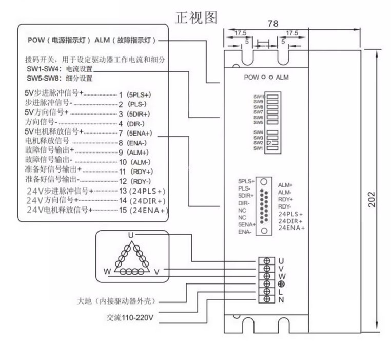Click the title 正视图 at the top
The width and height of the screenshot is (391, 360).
(x=196, y=17)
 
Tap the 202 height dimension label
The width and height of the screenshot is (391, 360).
(x=372, y=199)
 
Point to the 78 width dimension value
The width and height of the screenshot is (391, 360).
(x=273, y=24)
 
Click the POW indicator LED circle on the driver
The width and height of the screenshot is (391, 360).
(x=263, y=77)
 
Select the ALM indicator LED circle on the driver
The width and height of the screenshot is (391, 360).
(x=271, y=77)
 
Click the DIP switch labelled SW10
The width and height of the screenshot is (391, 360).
(x=272, y=97)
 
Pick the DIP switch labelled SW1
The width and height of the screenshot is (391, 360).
(x=272, y=148)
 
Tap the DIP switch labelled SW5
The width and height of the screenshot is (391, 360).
(x=272, y=122)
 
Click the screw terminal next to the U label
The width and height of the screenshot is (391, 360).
(x=267, y=261)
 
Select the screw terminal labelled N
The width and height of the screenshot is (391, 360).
(x=267, y=299)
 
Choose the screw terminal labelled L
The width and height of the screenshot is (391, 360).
(x=267, y=291)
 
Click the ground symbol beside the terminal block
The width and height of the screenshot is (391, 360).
(x=281, y=284)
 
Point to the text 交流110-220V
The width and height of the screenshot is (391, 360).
(x=130, y=318)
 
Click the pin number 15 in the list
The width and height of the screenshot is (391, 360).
(x=123, y=210)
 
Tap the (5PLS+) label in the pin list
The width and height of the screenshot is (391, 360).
(x=139, y=95)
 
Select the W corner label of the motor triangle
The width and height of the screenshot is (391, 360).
(x=107, y=271)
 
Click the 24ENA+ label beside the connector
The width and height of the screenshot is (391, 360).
(x=291, y=228)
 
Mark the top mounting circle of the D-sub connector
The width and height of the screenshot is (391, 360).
(x=264, y=182)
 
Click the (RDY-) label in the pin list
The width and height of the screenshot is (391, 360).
(x=141, y=181)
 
